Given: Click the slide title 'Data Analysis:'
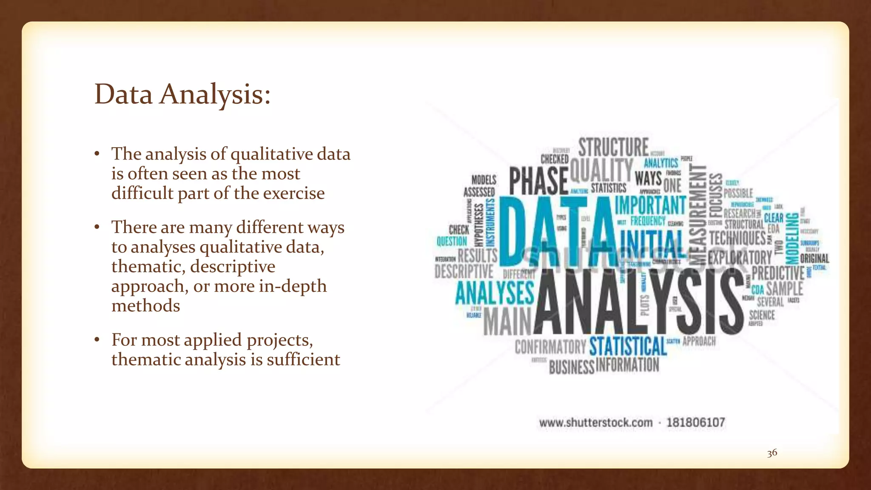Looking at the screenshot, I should pos(182,94).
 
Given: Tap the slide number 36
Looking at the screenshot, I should pos(772,453).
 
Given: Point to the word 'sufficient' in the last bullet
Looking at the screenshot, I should pos(303,360).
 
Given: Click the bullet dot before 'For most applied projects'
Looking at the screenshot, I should pos(97,340).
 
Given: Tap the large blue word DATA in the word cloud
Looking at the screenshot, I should pos(557,232).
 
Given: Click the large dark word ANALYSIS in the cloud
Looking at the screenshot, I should pos(638,302).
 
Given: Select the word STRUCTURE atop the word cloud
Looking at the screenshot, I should pos(613,147).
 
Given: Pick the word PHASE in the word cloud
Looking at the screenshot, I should pos(538,181).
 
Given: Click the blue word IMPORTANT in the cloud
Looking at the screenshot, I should pos(650,205).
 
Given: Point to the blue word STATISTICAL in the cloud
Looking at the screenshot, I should pos(628,346).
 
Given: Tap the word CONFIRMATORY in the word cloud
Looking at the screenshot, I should pos(550,347).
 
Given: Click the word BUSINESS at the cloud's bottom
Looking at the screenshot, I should pos(571,367).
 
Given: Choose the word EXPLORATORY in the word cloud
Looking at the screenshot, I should pos(740,257).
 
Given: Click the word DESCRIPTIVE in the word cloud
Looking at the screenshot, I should pos(464,271).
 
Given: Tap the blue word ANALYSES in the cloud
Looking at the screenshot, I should pos(494,293).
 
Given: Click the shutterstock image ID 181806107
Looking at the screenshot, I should pos(695,423).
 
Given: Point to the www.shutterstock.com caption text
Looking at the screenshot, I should pos(595,423).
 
